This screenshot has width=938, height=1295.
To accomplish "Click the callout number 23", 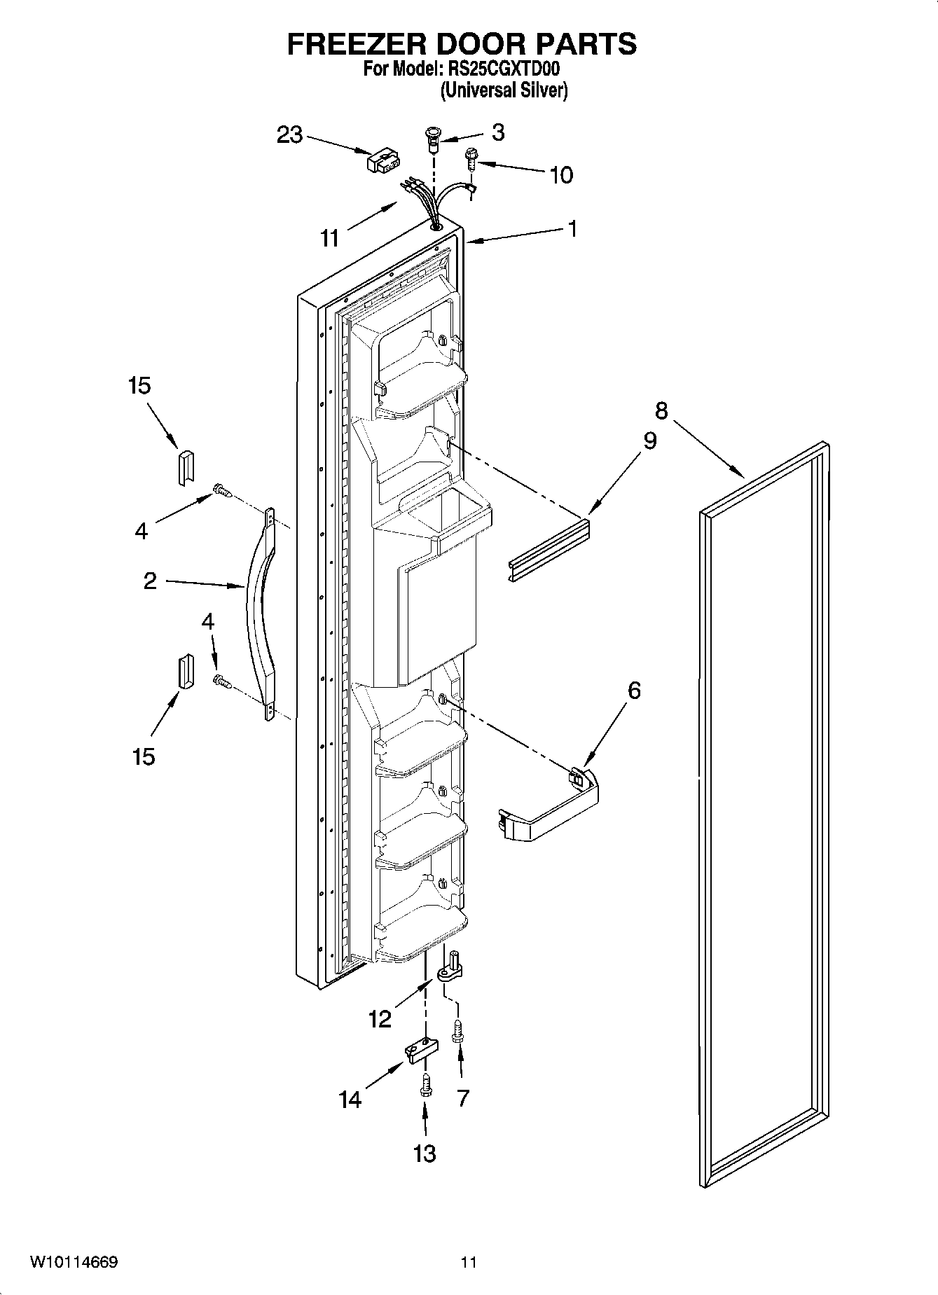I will click(x=289, y=134).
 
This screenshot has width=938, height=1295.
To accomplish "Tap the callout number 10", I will click(x=561, y=175).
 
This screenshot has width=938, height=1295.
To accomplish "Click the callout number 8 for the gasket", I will click(x=661, y=410).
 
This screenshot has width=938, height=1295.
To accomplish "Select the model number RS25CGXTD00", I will click(x=500, y=70).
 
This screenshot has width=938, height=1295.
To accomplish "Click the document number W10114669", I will click(x=73, y=1262).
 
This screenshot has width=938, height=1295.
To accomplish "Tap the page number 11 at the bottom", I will click(x=469, y=1262).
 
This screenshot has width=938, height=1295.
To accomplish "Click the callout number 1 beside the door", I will click(x=572, y=228).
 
